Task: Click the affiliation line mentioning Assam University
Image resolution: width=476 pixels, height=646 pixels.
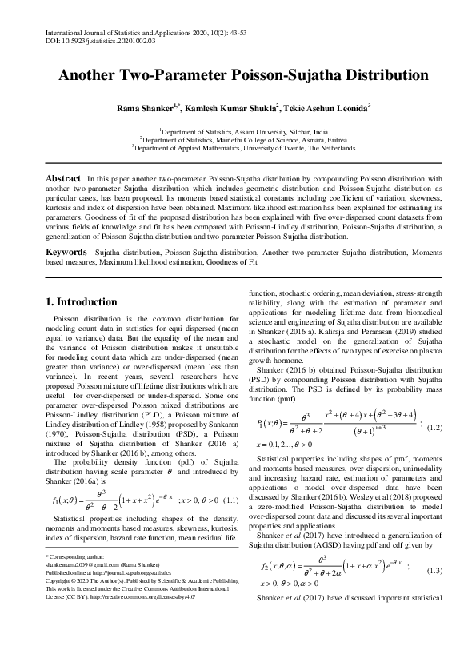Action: click(238, 130)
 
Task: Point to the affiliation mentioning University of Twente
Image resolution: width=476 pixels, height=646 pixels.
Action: click(238, 147)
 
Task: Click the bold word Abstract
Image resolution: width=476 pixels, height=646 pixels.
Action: click(63, 177)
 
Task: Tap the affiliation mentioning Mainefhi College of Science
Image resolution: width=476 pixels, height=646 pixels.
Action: click(238, 138)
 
